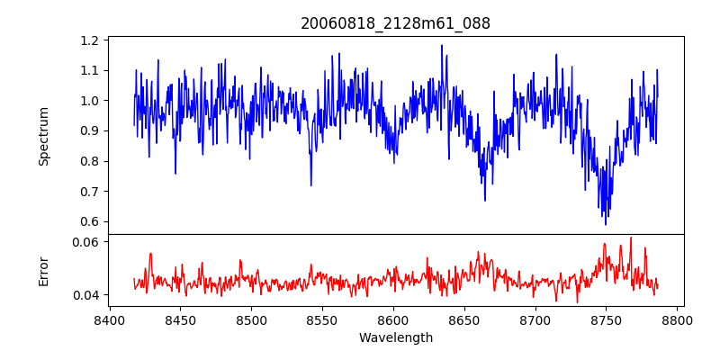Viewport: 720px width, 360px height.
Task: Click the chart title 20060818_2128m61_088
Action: (395, 23)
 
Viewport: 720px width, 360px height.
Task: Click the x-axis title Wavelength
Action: (395, 338)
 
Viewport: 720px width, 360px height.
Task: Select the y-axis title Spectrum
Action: (44, 136)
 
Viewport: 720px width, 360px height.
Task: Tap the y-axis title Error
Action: (44, 271)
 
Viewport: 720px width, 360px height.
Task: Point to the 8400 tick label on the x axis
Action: (109, 319)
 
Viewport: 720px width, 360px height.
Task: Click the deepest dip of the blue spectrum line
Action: (606, 224)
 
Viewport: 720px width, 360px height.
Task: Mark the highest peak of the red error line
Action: (631, 238)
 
